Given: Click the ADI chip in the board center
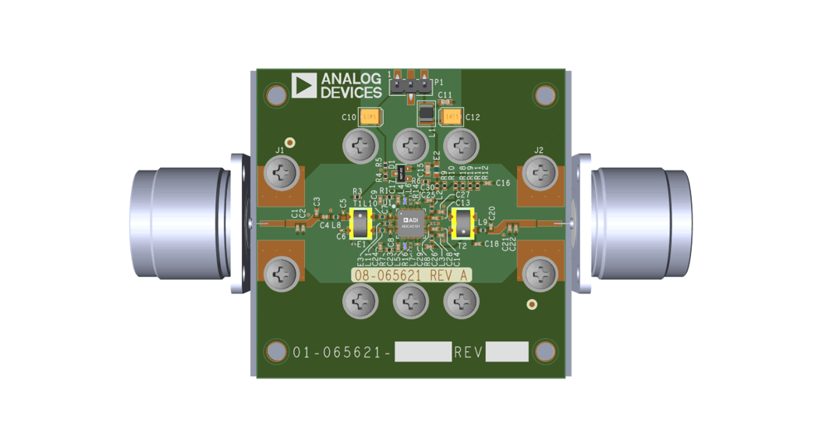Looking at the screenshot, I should (410, 224).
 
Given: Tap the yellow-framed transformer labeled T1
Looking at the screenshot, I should (360, 224).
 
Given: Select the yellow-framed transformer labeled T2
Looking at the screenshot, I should (462, 224).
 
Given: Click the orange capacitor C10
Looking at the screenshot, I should (371, 117).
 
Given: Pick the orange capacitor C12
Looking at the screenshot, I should (451, 117).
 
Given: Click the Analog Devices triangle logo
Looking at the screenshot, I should (303, 86).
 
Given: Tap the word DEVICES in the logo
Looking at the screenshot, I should (351, 93).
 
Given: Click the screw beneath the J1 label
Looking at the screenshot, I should (282, 172).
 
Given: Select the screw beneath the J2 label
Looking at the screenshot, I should (540, 172).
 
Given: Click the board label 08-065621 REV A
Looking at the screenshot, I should (410, 275).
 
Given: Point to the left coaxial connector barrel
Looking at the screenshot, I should (179, 223).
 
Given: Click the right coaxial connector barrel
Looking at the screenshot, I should (641, 223).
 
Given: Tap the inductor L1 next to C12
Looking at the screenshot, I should (426, 115).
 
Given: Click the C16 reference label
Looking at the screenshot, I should (502, 183).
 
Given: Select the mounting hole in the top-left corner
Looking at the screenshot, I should (276, 95).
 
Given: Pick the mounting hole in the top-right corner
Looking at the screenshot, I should (545, 95).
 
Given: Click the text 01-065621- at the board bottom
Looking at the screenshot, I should (342, 352).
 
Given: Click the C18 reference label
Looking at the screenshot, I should (491, 244).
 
